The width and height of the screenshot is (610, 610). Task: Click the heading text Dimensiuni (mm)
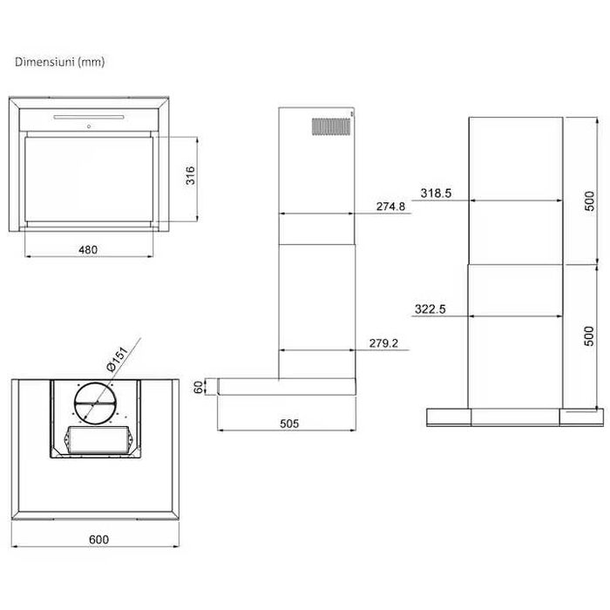click(x=59, y=62)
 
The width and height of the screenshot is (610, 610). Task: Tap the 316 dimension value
click(x=190, y=175)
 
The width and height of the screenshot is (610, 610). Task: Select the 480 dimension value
click(x=88, y=249)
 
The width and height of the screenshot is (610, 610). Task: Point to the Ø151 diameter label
click(x=117, y=359)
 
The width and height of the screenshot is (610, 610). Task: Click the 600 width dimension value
click(x=98, y=539)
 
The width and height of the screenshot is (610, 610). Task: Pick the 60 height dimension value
click(x=199, y=387)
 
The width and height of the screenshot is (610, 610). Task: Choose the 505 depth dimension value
click(x=289, y=424)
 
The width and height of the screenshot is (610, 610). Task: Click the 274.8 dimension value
click(x=390, y=207)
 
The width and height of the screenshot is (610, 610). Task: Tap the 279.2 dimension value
click(x=383, y=343)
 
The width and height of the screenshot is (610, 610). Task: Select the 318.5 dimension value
click(x=436, y=193)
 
